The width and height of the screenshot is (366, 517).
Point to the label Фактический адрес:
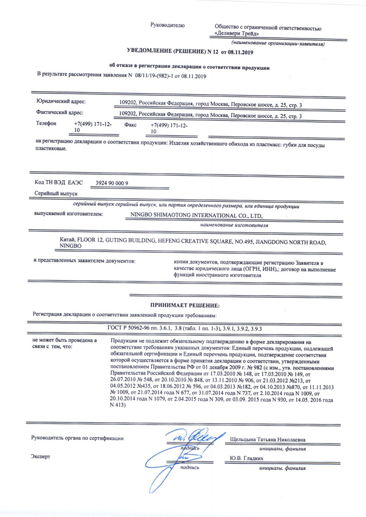59,112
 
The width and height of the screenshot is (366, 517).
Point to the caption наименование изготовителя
233,225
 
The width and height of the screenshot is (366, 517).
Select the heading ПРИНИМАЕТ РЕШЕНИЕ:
185,305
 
